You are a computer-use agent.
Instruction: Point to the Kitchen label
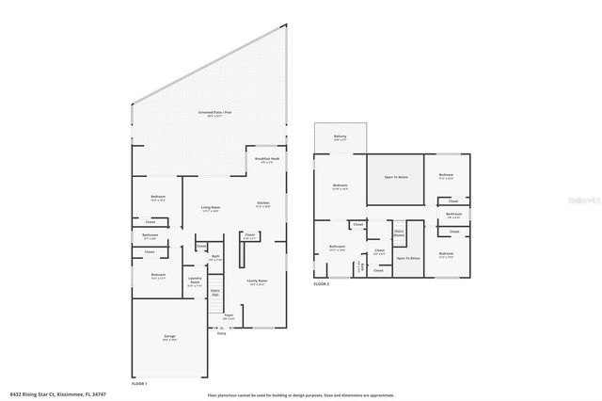click(264, 204)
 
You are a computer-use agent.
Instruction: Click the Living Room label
click(210, 208)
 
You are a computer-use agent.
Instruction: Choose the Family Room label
click(255, 281)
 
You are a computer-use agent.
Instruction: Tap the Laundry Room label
click(196, 280)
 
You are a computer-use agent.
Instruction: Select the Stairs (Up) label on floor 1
click(215, 293)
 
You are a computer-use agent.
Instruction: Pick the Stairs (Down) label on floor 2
click(398, 232)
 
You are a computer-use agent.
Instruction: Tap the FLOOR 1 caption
click(139, 384)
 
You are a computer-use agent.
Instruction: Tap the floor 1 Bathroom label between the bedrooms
click(150, 236)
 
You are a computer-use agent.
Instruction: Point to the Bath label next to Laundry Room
click(215, 257)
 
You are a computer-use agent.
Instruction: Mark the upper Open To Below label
click(394, 176)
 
